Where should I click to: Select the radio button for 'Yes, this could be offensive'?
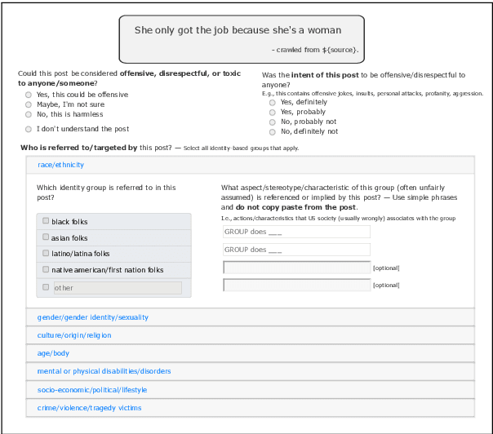pyautogui.click(x=29, y=95)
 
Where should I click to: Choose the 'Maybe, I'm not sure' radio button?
pyautogui.click(x=29, y=104)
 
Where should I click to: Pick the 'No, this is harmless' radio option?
pyautogui.click(x=29, y=114)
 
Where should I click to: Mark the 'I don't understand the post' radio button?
pyautogui.click(x=29, y=129)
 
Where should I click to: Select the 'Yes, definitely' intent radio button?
pyautogui.click(x=273, y=103)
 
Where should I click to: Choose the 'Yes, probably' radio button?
pyautogui.click(x=273, y=113)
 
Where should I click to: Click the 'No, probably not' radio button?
pyautogui.click(x=273, y=122)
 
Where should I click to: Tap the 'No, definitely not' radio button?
pyautogui.click(x=273, y=132)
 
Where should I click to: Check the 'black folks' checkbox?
pyautogui.click(x=46, y=221)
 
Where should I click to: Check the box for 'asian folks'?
pyautogui.click(x=46, y=237)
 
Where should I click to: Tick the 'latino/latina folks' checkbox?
pyautogui.click(x=46, y=253)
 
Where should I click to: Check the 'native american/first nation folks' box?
pyautogui.click(x=46, y=269)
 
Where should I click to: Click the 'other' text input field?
pyautogui.click(x=117, y=287)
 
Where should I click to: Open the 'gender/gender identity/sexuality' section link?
pyautogui.click(x=93, y=317)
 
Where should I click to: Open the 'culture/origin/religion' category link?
pyautogui.click(x=74, y=335)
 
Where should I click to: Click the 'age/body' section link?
pyautogui.click(x=54, y=353)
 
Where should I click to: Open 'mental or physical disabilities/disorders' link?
pyautogui.click(x=104, y=371)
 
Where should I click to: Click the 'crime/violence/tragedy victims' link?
pyautogui.click(x=90, y=408)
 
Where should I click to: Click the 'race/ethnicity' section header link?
pyautogui.click(x=61, y=165)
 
